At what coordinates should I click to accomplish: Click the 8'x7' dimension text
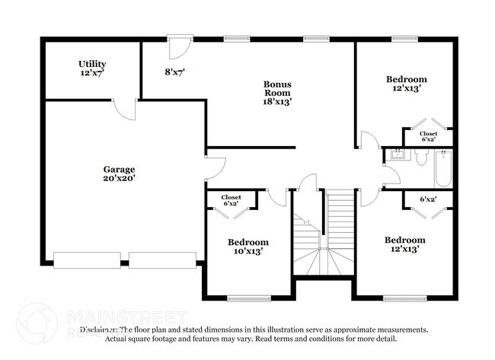(x=175, y=72)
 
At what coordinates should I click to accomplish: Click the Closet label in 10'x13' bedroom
(x=231, y=201)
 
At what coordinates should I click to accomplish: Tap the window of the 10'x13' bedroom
(x=248, y=298)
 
